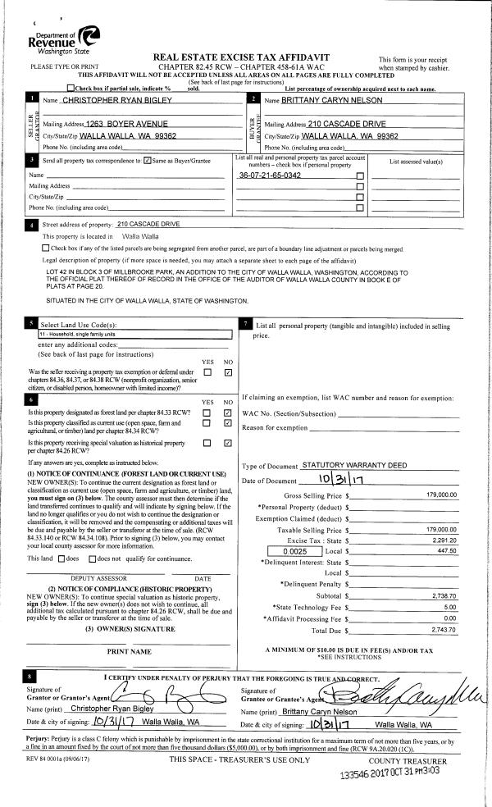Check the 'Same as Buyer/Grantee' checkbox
point(147,160)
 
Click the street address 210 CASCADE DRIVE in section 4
point(148,224)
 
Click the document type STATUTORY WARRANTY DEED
point(354,465)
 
